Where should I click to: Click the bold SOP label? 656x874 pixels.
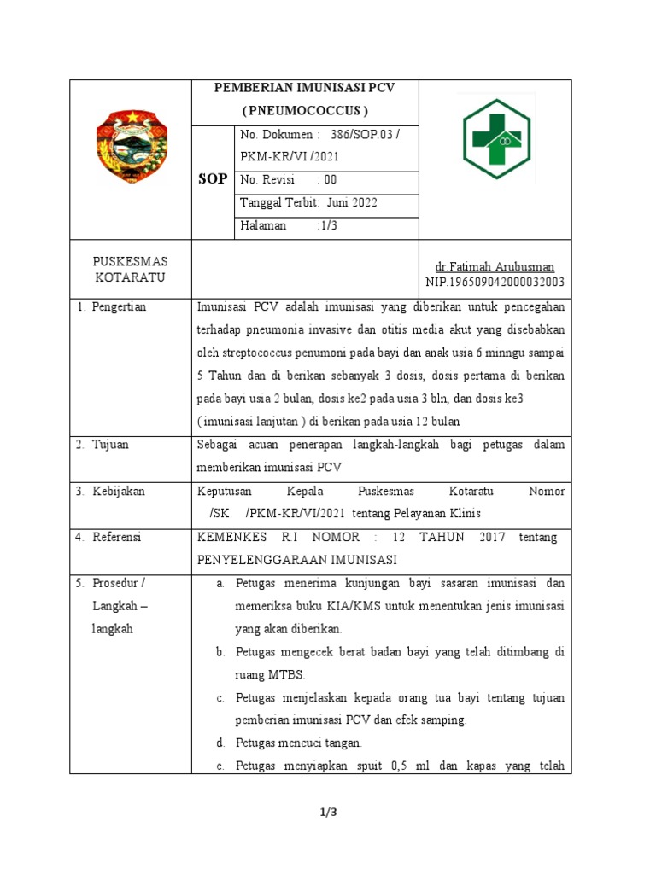212,179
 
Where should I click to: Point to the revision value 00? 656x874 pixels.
330,180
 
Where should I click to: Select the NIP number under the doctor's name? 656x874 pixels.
495,282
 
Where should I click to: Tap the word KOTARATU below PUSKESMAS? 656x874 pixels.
131,277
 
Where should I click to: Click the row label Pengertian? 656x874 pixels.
120,307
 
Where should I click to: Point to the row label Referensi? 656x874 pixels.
117,537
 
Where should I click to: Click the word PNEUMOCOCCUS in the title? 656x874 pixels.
305,110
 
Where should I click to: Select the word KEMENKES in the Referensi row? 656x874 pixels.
231,537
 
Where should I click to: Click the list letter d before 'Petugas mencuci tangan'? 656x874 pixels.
220,743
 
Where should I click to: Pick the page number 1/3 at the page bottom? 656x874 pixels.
328,812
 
